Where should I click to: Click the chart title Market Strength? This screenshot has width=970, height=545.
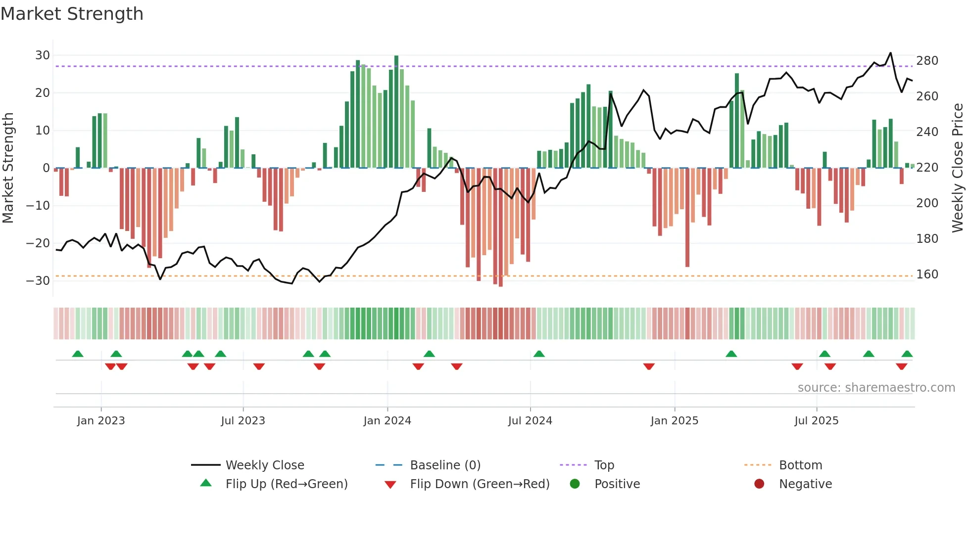coord(72,14)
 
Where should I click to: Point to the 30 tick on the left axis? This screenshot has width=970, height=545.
coord(43,55)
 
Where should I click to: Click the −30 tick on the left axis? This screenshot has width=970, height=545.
coord(38,281)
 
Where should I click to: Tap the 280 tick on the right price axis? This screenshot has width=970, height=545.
coord(927,61)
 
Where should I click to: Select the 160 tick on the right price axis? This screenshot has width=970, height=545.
coord(927,274)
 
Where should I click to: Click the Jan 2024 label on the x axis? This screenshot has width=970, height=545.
coord(387,421)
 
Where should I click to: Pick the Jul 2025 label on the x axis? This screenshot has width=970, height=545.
coord(816,421)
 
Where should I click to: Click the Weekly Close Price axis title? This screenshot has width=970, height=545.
coord(958,168)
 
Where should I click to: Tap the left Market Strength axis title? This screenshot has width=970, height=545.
coord(8,168)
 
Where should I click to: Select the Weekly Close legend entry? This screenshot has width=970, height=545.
coord(264,465)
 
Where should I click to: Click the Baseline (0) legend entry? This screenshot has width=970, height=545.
coord(445,465)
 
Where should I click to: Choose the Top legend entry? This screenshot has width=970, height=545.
coord(604,465)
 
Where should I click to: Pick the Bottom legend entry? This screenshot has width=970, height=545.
coord(800,465)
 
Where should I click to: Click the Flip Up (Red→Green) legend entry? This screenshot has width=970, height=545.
coord(286,484)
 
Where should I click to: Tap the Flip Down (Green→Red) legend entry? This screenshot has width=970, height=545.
coord(479,484)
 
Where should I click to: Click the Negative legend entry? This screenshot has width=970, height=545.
coord(805,484)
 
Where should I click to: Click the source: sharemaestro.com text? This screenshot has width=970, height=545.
coord(876,388)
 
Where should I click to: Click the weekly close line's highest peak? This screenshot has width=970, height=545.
coord(890,53)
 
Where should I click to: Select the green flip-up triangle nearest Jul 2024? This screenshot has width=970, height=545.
coord(539,354)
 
